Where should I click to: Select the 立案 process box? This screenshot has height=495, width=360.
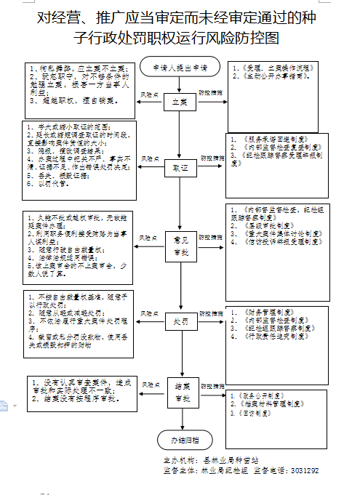(x=179, y=102)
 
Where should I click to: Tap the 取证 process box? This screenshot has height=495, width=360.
(x=179, y=167)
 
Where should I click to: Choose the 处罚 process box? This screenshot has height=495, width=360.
(x=179, y=321)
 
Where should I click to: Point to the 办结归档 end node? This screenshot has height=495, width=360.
(x=179, y=440)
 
